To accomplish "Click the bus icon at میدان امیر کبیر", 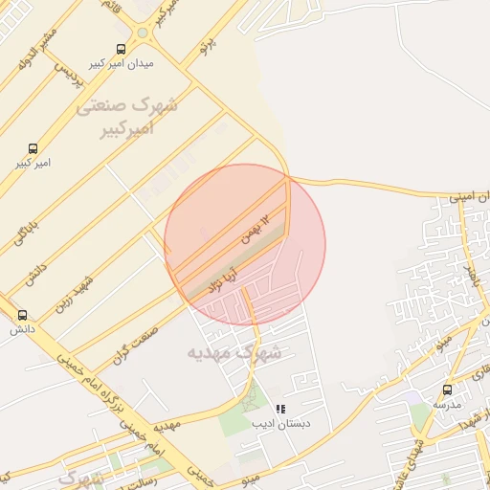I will tap(120, 49).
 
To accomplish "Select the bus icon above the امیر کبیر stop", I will tap(33, 148).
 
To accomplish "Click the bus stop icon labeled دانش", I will tap(22, 315).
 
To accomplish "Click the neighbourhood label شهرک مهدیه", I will tap(235, 352).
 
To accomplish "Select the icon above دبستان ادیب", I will tap(280, 409).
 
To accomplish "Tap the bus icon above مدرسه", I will tap(447, 390).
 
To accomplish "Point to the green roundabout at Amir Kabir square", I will tap(143, 32).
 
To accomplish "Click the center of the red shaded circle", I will tap(245, 244).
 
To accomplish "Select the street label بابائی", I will tap(26, 224).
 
